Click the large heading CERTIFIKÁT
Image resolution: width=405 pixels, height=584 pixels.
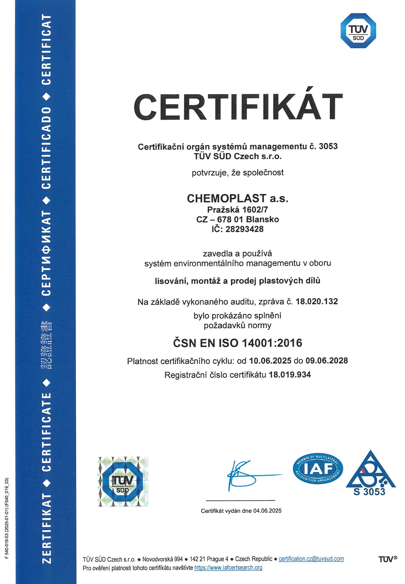pos(238,107)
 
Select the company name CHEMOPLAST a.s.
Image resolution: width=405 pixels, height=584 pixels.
pos(238,198)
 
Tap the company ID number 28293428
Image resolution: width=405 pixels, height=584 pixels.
pos(245,229)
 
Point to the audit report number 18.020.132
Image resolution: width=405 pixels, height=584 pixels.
pos(317,302)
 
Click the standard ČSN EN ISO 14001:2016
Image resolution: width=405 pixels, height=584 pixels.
pos(238,343)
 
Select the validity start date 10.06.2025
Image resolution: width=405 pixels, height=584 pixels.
pos(270,361)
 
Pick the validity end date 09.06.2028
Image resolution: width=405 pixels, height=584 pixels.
pos(327,361)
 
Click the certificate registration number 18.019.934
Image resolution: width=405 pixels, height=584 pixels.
pos(290,375)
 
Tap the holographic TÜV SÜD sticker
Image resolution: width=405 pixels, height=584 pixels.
pos(123,482)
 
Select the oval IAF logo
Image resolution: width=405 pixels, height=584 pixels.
pos(318,469)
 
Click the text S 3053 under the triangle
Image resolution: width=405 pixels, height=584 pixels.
pos(369,492)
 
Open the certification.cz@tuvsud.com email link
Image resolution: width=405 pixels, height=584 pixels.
pos(311,559)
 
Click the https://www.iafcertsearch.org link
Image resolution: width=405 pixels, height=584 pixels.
pos(228,567)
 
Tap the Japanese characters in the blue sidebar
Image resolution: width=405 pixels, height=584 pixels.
pos(46,345)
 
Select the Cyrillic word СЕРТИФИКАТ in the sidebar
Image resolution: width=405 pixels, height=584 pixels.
pos(46,253)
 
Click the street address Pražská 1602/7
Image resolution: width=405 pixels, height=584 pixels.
pos(238,209)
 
